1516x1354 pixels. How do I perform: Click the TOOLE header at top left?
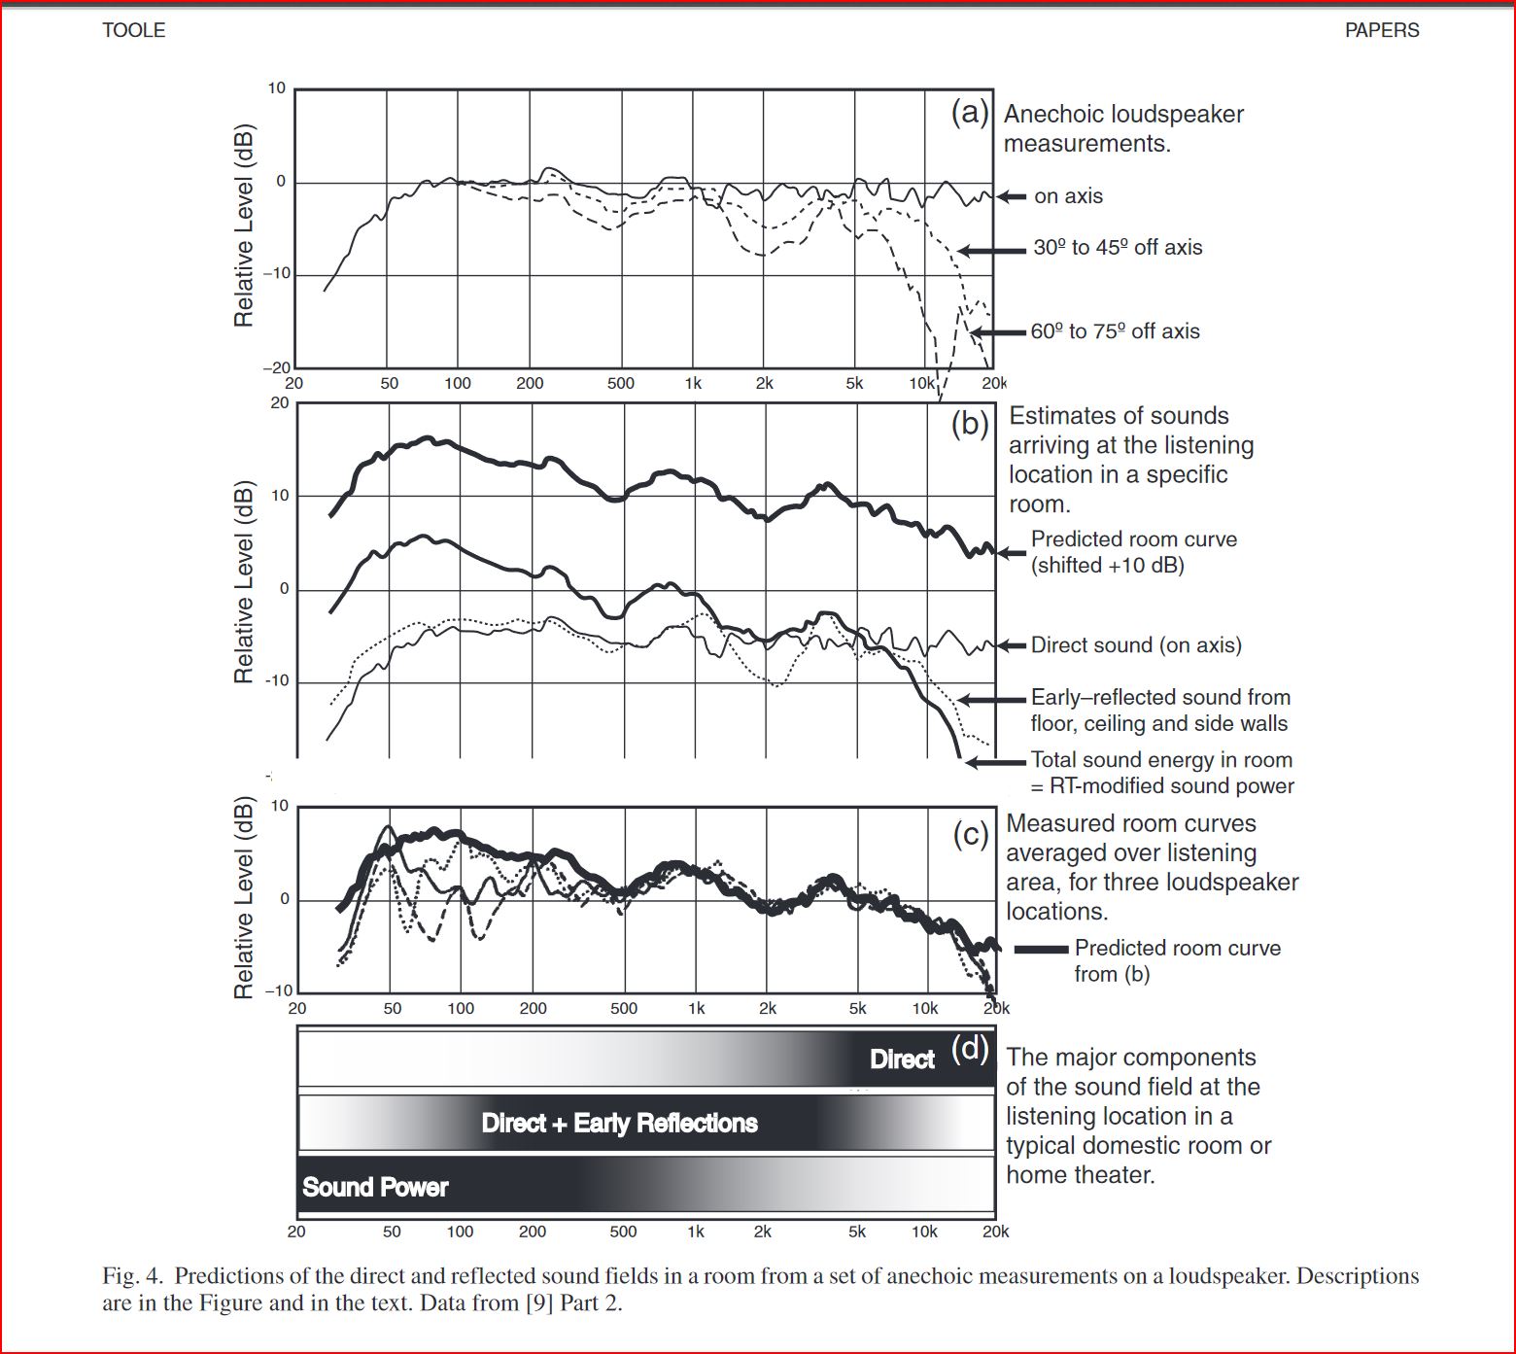pos(134,30)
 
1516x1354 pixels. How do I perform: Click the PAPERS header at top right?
pos(1381,30)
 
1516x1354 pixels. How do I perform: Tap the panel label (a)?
pos(970,113)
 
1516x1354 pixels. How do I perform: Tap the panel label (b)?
pos(970,425)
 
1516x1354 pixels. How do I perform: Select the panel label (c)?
pos(970,834)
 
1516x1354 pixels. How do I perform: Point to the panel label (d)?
pos(970,1048)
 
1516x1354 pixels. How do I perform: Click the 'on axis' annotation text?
pos(1068,196)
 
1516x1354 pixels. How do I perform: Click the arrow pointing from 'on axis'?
pos(1012,196)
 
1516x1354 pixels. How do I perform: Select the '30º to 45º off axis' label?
pos(1118,248)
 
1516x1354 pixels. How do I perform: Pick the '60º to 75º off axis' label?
pos(1115,331)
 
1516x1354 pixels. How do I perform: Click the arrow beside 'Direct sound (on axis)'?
pos(1012,645)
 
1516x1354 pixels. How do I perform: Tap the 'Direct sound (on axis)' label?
pos(1136,645)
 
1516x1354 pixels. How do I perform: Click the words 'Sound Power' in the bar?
pos(375,1187)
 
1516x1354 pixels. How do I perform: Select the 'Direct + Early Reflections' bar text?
pos(619,1124)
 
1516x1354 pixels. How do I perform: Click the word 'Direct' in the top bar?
pos(902,1059)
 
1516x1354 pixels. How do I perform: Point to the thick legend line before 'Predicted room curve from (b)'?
pos(1042,949)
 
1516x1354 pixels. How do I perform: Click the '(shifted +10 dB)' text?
pos(1108,566)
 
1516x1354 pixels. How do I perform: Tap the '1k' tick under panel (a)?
pos(693,383)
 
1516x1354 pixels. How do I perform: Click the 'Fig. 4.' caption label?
pos(134,1276)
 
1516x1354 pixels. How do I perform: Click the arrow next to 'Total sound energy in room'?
pos(996,762)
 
